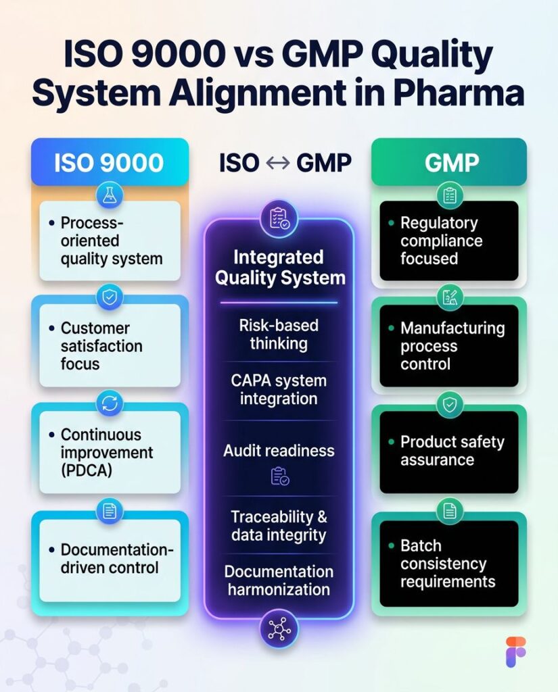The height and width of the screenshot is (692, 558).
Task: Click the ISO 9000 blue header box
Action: pyautogui.click(x=110, y=162)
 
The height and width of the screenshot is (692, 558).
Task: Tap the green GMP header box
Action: pyautogui.click(x=448, y=162)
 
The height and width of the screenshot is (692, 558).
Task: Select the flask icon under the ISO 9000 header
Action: pyautogui.click(x=110, y=196)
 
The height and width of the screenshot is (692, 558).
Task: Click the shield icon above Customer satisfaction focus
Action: pyautogui.click(x=110, y=297)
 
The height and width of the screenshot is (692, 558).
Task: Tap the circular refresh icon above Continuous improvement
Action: pyautogui.click(x=110, y=403)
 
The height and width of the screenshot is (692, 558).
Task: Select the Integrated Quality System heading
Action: pyautogui.click(x=279, y=268)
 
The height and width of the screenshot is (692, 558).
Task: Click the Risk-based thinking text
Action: pyautogui.click(x=279, y=334)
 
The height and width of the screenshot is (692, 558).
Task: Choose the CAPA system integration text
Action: pyautogui.click(x=279, y=389)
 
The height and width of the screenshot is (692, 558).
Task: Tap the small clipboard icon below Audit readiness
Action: pyautogui.click(x=279, y=476)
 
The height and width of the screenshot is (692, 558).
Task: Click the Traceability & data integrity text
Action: pyautogui.click(x=279, y=526)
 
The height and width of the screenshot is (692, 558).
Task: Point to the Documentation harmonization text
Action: pyautogui.click(x=279, y=580)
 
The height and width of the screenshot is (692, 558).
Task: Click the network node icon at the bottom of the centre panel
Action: pyautogui.click(x=279, y=629)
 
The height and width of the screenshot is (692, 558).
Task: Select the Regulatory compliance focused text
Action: pyautogui.click(x=441, y=241)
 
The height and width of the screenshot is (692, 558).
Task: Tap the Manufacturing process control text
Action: pyautogui.click(x=452, y=346)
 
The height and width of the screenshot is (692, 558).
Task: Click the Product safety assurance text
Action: pyautogui.click(x=452, y=451)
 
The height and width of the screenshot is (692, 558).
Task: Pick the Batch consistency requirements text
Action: pyautogui.click(x=447, y=564)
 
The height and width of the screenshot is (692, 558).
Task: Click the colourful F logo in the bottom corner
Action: pyautogui.click(x=516, y=651)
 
